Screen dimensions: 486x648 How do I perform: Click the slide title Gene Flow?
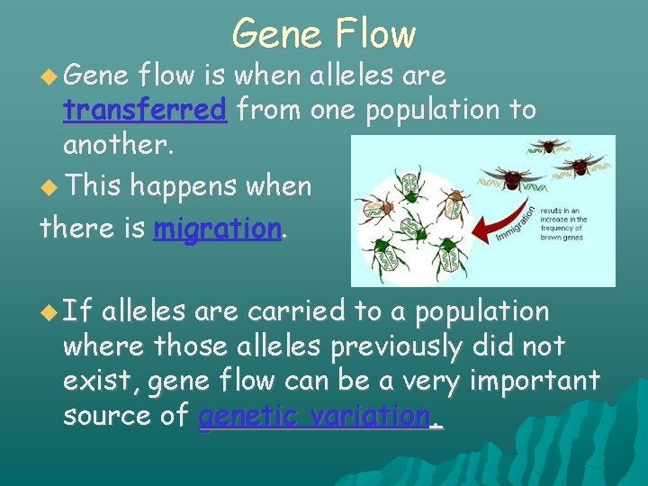tap(324, 34)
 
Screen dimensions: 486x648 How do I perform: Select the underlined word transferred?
tap(144, 110)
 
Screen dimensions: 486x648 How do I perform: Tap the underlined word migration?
tap(218, 229)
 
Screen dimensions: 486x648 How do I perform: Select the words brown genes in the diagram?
tap(564, 238)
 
